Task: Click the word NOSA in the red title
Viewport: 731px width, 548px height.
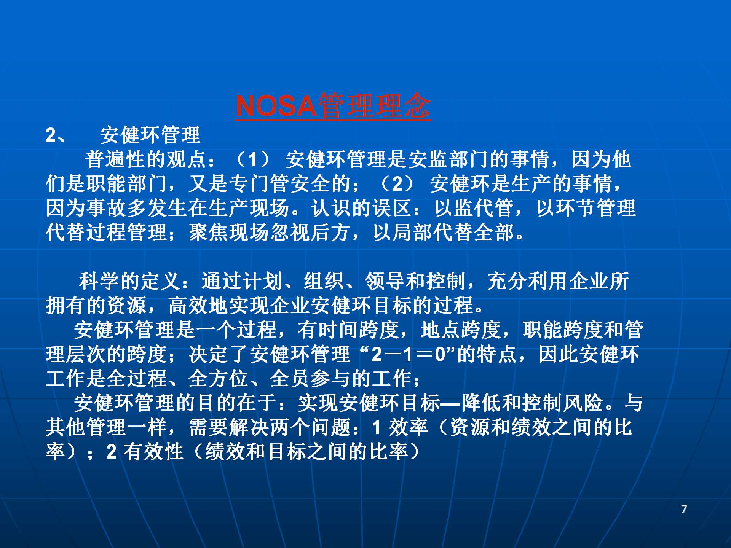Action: coord(276,106)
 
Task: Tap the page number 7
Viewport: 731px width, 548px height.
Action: coord(684,509)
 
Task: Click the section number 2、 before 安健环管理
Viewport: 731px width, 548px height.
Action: coord(56,135)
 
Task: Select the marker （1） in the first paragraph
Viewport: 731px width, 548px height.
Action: coord(252,159)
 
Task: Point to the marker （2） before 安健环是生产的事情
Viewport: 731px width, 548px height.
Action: coord(397,184)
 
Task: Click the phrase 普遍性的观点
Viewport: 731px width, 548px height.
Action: coord(146,159)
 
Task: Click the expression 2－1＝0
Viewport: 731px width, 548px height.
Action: coord(409,354)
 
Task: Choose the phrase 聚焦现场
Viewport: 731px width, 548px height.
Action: coord(229,233)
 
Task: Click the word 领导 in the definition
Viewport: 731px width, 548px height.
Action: coord(385,281)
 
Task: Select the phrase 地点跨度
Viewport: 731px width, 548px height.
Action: coord(461,330)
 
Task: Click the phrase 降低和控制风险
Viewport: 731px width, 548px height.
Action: coord(532,403)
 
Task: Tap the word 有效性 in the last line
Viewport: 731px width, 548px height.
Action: coord(153,452)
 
